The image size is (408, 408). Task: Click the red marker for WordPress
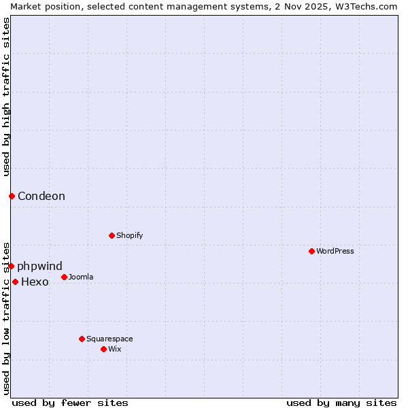pyautogui.click(x=311, y=251)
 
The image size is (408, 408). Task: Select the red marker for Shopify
pyautogui.click(x=112, y=235)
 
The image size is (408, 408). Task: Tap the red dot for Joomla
pyautogui.click(x=64, y=277)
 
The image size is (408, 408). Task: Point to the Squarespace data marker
pyautogui.click(x=82, y=339)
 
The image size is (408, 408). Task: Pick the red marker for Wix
pyautogui.click(x=103, y=349)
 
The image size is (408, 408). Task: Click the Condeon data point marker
pyautogui.click(x=12, y=196)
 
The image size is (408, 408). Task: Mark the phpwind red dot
pyautogui.click(x=12, y=266)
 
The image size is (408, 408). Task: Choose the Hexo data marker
pyautogui.click(x=15, y=282)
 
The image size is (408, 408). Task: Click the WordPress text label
pyautogui.click(x=335, y=251)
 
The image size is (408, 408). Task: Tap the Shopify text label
pyautogui.click(x=129, y=235)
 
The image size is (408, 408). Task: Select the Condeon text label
pyautogui.click(x=41, y=196)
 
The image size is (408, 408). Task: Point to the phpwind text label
pyautogui.click(x=39, y=266)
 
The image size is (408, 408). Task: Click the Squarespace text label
pyautogui.click(x=109, y=339)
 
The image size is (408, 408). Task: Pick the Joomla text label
pyautogui.click(x=81, y=277)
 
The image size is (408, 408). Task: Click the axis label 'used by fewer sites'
pyautogui.click(x=70, y=403)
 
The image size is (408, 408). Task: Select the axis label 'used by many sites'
pyautogui.click(x=341, y=403)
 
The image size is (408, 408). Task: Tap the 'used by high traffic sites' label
pyautogui.click(x=6, y=97)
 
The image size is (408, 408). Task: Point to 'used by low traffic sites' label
pyautogui.click(x=6, y=318)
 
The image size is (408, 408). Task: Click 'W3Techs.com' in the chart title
pyautogui.click(x=369, y=6)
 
